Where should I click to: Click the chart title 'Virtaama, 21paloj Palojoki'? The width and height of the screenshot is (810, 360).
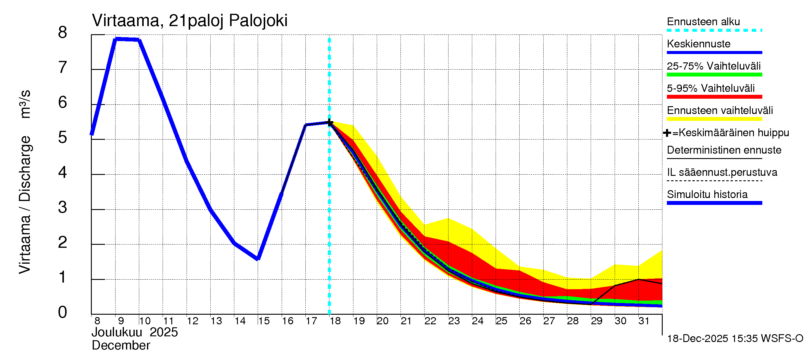tap(190, 21)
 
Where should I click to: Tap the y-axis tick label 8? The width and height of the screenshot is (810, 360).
tap(63, 32)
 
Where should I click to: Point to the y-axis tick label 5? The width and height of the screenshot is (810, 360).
tap(63, 138)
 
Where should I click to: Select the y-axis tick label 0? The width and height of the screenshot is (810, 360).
tap(63, 313)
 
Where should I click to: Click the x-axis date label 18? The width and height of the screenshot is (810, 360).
tap(335, 321)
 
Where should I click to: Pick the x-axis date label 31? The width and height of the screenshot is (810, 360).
tap(644, 321)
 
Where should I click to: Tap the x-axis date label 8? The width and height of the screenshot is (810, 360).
tap(97, 321)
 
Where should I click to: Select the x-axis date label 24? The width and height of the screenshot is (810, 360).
tap(478, 321)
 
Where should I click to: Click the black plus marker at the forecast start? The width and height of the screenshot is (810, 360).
tap(329, 122)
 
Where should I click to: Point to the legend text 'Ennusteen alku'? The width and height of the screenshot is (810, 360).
tap(703, 22)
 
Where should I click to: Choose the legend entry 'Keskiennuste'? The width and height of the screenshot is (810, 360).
tap(698, 44)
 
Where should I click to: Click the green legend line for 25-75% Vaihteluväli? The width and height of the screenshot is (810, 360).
tap(714, 75)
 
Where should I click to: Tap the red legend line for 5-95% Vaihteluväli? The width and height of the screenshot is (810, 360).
tap(714, 97)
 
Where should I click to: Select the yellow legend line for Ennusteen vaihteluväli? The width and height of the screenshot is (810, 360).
tap(714, 119)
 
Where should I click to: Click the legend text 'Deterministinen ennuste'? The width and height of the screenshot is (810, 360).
tap(724, 150)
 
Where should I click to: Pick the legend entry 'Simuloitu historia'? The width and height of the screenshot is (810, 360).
tap(707, 195)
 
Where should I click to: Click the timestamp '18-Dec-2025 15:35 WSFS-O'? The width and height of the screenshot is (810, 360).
tap(735, 339)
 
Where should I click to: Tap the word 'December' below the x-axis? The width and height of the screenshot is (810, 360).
tap(121, 346)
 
